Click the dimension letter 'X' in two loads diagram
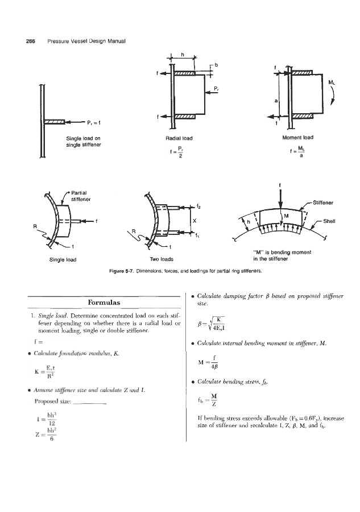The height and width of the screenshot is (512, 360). coord(195,220)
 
